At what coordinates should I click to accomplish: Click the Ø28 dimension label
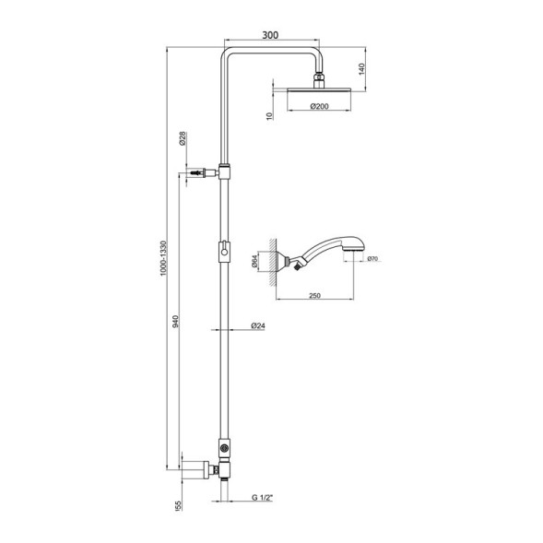183,140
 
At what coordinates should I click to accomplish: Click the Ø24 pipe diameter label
258,327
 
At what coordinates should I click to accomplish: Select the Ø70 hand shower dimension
372,259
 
